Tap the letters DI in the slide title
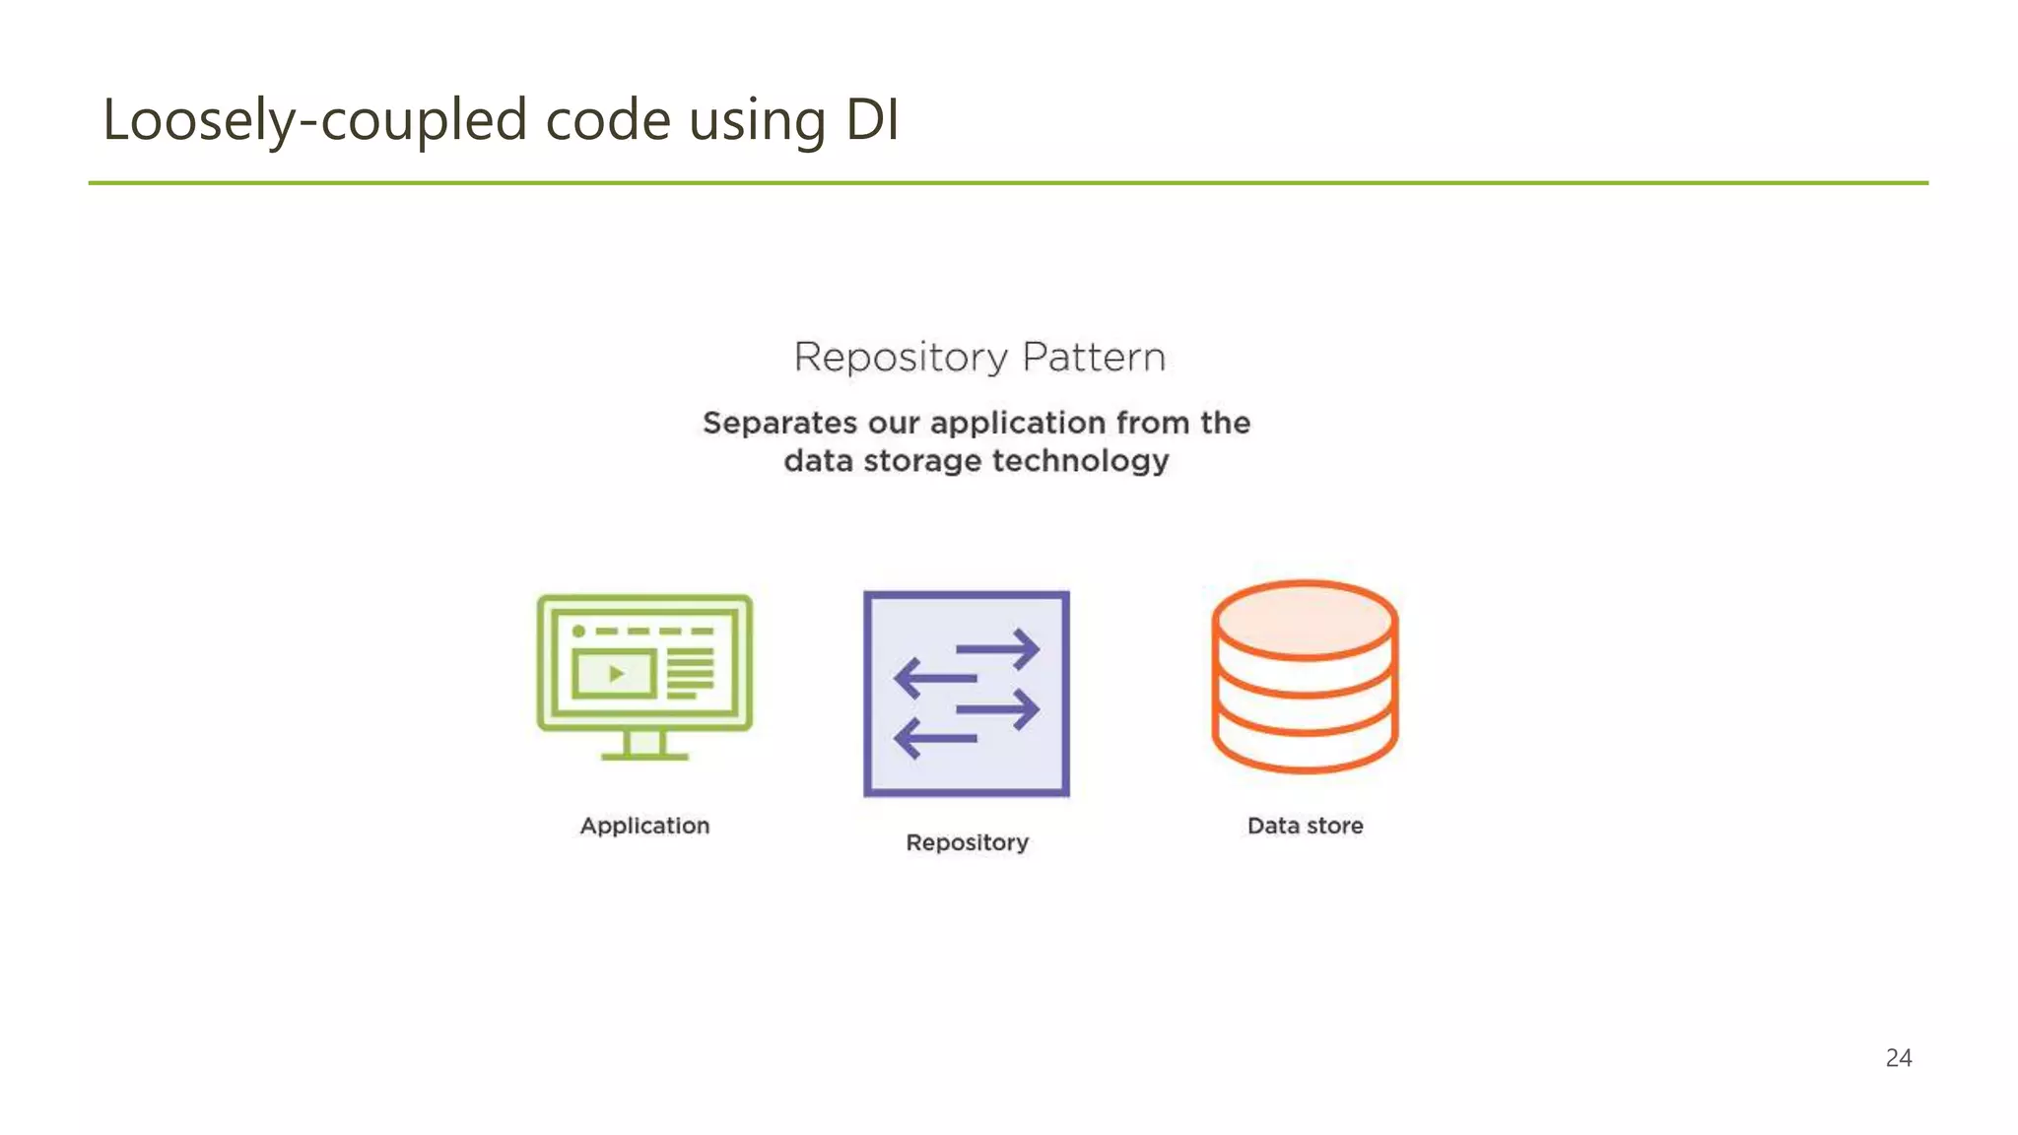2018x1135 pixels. click(x=872, y=120)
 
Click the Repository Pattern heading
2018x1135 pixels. click(x=979, y=357)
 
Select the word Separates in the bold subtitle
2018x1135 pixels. click(x=779, y=423)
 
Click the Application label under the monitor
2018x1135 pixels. click(x=644, y=826)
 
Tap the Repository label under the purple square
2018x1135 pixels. click(x=967, y=842)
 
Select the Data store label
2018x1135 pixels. click(x=1305, y=826)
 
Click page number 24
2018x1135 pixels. click(x=1898, y=1057)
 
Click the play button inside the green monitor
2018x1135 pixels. click(x=616, y=674)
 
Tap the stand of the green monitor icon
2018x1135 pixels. click(x=644, y=745)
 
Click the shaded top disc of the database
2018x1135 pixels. click(x=1305, y=620)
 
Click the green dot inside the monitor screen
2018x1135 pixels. click(x=578, y=631)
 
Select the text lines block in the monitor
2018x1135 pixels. click(x=690, y=674)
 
